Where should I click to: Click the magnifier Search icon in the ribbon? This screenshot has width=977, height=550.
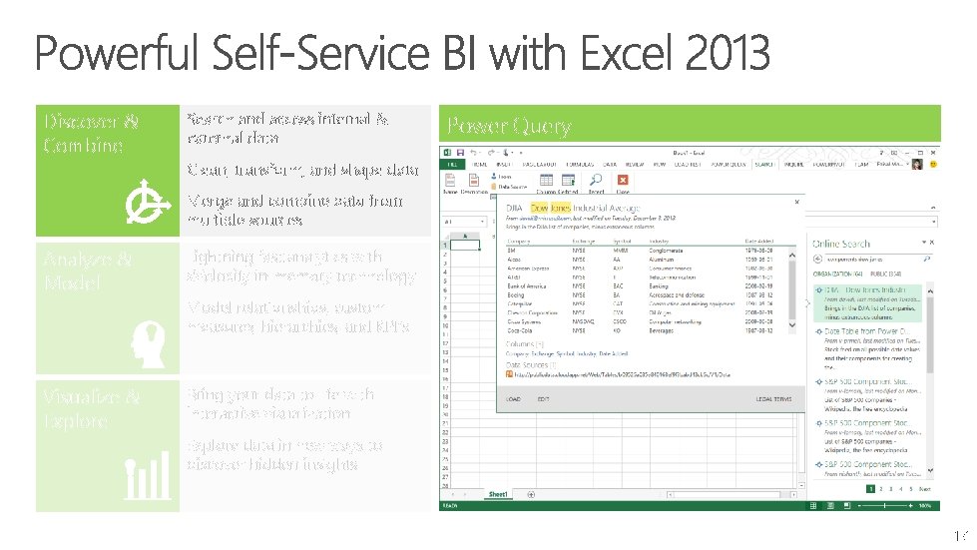tap(596, 181)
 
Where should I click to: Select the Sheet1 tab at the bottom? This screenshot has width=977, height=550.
tap(498, 494)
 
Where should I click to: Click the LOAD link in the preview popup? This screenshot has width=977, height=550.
tap(513, 398)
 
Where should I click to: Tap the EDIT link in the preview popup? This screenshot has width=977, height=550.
tap(543, 398)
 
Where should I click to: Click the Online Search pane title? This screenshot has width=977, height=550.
tap(840, 244)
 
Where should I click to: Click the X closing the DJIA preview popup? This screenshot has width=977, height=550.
tap(795, 202)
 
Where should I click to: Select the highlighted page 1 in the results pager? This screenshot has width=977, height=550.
tap(870, 489)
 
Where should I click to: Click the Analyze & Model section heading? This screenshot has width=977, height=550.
tap(87, 271)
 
